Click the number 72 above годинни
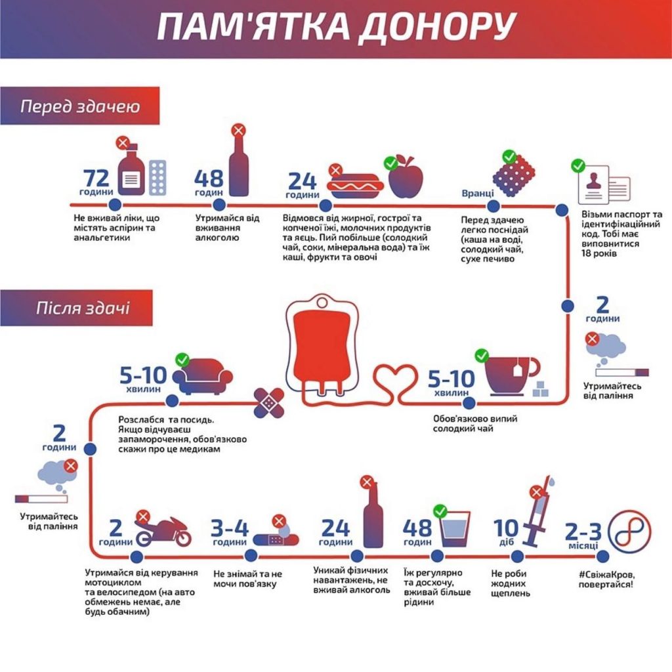[x=96, y=177]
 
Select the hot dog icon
[x=355, y=186]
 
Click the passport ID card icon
[x=604, y=184]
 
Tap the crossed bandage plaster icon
[x=268, y=403]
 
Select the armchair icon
[x=202, y=376]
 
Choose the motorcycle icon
[x=163, y=532]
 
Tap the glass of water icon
[x=455, y=530]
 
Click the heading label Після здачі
[x=83, y=308]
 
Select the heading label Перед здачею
[x=80, y=106]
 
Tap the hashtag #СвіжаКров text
[x=606, y=574]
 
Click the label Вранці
[x=478, y=194]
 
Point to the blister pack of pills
[x=157, y=178]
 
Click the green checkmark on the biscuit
[x=509, y=157]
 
